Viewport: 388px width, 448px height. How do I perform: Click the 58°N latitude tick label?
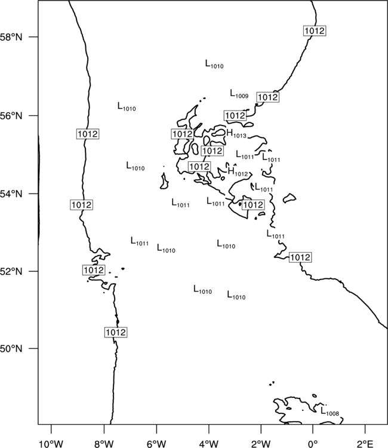tap(11, 37)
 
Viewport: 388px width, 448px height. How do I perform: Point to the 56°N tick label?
tap(11, 116)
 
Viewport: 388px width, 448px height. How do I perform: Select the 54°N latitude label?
tap(11, 194)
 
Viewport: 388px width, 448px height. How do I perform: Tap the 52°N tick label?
tap(11, 271)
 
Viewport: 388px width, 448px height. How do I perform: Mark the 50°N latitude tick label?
tap(11, 349)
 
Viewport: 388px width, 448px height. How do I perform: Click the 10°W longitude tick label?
tap(51, 444)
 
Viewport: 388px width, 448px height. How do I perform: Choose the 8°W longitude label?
tap(104, 444)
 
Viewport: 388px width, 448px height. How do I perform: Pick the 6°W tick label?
tap(156, 444)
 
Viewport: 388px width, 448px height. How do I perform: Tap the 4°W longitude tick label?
tap(209, 444)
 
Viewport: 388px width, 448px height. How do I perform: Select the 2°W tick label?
tap(261, 444)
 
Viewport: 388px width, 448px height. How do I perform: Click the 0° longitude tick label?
tap(313, 444)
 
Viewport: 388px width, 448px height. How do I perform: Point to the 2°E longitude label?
tap(365, 444)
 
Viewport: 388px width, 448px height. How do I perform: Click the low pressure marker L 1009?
tap(239, 94)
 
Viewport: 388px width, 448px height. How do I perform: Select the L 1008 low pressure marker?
tap(330, 412)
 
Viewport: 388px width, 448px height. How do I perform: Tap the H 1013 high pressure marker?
tap(236, 134)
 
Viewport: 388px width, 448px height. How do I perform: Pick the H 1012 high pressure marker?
tap(238, 172)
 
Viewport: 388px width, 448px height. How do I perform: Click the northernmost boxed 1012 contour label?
tap(315, 31)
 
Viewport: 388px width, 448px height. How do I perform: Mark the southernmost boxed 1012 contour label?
tap(116, 332)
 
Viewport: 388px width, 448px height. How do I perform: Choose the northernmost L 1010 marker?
tap(214, 64)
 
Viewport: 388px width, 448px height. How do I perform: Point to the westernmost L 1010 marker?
tap(127, 106)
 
